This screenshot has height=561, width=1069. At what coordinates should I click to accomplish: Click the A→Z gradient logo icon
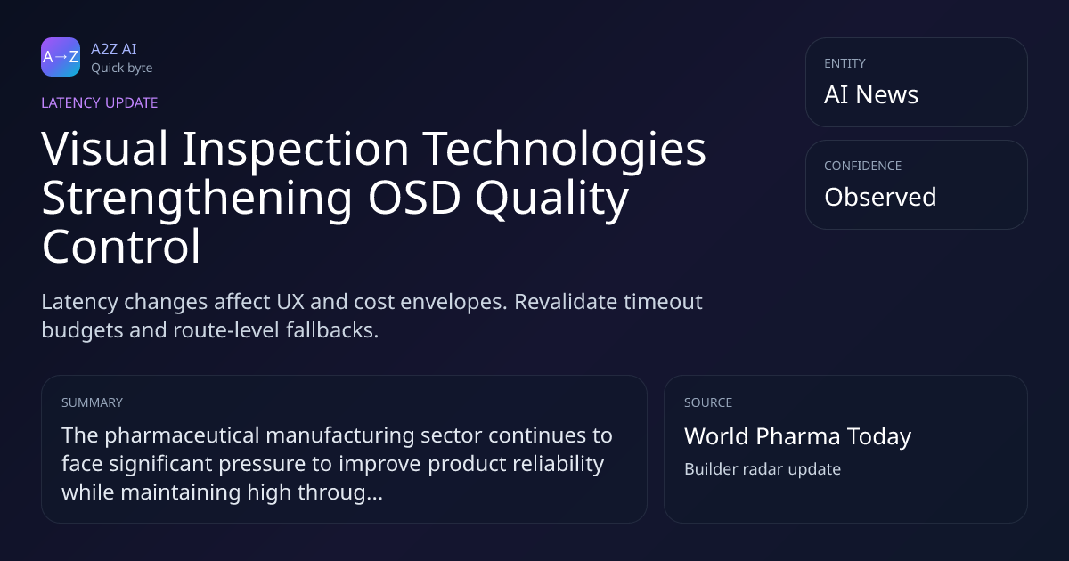coord(61,57)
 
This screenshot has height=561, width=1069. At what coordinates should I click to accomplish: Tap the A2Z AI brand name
coord(114,49)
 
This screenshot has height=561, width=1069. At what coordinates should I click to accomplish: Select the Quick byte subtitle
coord(122,69)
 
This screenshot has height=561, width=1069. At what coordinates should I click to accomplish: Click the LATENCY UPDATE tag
coord(99,102)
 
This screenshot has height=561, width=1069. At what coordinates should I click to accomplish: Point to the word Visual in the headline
coord(105,149)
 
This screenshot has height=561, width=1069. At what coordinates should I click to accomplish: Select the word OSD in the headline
coord(414,198)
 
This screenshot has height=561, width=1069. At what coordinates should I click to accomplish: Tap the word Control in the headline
coord(121,247)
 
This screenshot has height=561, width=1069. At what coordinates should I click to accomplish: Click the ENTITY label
coord(845,63)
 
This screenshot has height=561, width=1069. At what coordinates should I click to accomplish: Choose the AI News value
coord(871,94)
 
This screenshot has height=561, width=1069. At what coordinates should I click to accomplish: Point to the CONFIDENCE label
coord(863,166)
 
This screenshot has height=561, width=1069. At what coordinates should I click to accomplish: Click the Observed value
coord(880,197)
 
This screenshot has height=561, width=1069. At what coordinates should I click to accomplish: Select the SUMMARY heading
coord(92,402)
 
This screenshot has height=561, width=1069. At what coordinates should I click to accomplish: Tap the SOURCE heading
coord(708,402)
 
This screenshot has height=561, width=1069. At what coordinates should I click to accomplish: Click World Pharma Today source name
coord(798,436)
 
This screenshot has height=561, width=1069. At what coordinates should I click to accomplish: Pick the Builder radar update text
coord(763,469)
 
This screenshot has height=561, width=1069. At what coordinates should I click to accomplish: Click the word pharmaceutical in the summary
coord(183,436)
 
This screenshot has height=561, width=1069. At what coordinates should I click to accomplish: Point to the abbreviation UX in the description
coord(290,302)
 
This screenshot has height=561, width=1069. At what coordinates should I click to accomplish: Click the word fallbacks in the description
coord(332,330)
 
